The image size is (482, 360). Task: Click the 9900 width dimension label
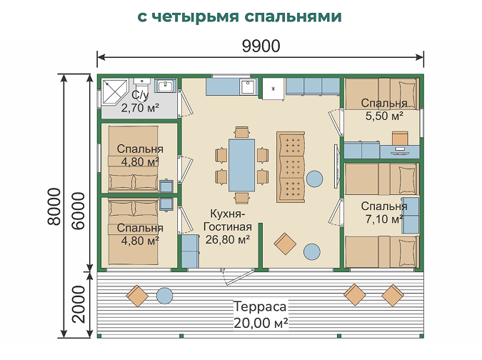(261, 46)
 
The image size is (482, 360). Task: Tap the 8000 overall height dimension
(54, 206)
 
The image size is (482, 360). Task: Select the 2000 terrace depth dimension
(79, 304)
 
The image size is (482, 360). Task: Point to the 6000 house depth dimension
(79, 211)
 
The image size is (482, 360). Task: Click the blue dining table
(241, 165)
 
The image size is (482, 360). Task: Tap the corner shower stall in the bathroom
(115, 93)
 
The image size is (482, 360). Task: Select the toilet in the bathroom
(141, 89)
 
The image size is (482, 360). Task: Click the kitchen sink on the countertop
(248, 87)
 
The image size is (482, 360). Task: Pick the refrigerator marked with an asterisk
(273, 89)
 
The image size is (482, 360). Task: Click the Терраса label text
(260, 306)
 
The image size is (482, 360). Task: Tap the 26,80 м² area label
(228, 239)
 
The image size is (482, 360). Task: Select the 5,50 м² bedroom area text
(384, 116)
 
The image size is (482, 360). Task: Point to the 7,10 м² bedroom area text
(384, 219)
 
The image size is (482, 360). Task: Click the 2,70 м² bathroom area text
(140, 108)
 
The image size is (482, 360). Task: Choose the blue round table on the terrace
(164, 296)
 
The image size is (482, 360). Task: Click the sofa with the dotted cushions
(291, 167)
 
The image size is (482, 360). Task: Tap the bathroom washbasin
(166, 86)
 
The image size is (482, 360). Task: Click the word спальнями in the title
(293, 17)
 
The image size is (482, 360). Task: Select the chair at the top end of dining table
(241, 132)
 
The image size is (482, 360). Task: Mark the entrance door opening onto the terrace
(237, 276)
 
